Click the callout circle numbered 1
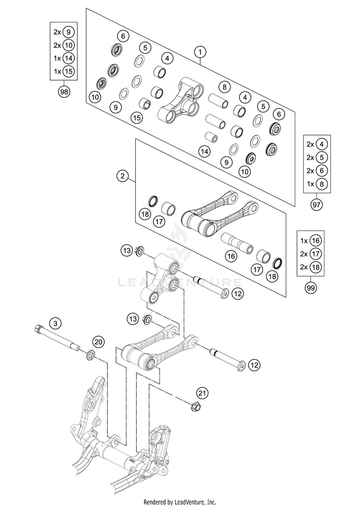click(200, 51)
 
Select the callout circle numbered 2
click(123, 177)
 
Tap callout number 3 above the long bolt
click(55, 324)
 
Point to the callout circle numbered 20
click(98, 342)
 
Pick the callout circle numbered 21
click(203, 393)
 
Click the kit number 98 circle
click(63, 91)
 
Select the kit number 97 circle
click(316, 205)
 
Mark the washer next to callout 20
click(90, 356)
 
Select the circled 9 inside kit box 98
click(68, 32)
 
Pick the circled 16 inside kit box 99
click(316, 241)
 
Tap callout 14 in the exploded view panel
click(205, 152)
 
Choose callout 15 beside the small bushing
click(137, 117)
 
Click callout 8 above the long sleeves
click(223, 87)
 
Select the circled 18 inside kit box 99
click(316, 267)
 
